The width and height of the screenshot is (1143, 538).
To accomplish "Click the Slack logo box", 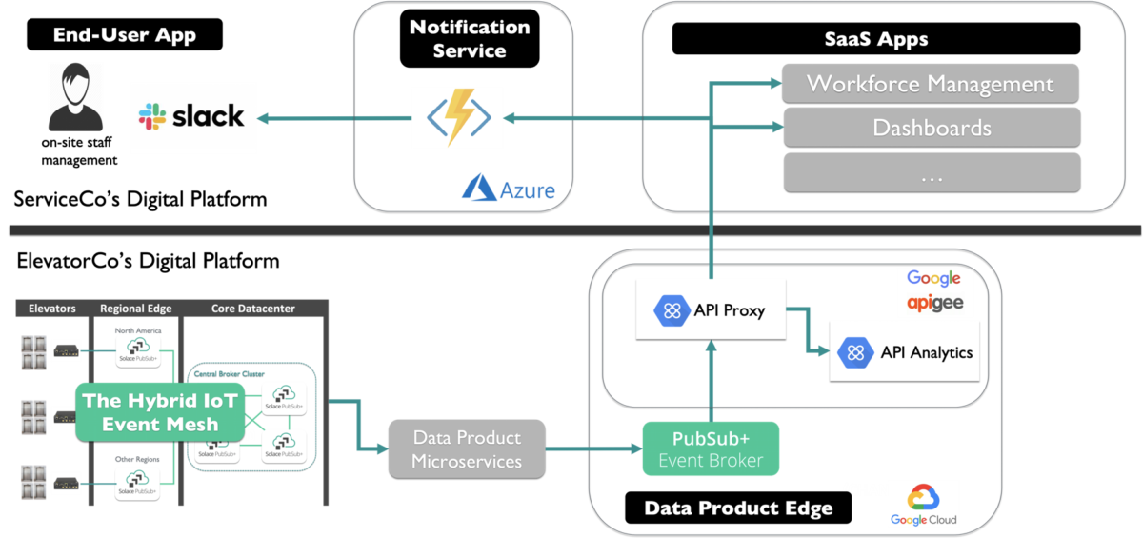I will click(193, 117).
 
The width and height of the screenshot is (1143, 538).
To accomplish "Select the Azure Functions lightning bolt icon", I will click(457, 117).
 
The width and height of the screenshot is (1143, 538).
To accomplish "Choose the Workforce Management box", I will click(930, 84).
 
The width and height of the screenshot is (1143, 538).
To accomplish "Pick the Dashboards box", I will click(931, 127).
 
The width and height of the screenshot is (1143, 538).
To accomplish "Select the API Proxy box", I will click(711, 309).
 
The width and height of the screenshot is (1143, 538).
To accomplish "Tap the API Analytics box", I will click(905, 351).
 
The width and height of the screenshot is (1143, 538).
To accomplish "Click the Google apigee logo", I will click(934, 291).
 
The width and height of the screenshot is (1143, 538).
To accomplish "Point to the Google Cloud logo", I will click(923, 505).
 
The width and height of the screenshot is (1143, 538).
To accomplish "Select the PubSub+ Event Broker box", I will click(710, 449).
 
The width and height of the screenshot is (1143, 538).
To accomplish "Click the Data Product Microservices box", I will click(467, 449).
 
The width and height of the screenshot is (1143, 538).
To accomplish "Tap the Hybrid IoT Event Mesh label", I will click(160, 412).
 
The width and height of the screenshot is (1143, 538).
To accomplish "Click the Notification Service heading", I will click(469, 39).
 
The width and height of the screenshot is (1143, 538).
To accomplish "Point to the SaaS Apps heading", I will click(875, 40).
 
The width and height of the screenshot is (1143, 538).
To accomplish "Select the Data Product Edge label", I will click(738, 508).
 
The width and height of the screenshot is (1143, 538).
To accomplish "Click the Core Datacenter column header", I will click(252, 309).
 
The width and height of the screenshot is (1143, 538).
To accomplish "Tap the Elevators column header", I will click(51, 309).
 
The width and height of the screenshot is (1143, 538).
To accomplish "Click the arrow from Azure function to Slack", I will click(333, 118).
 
